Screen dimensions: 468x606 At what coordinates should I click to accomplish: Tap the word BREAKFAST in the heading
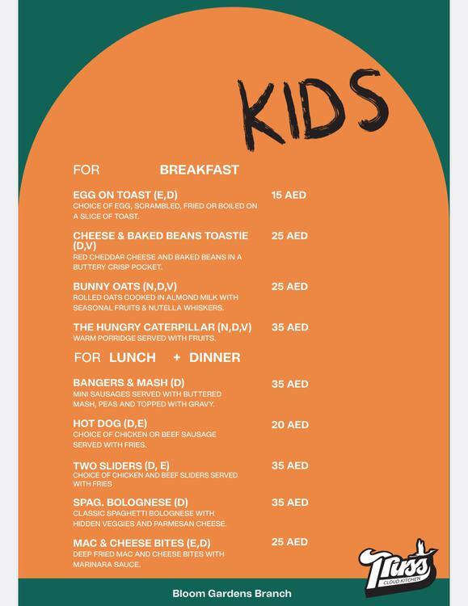coord(199,170)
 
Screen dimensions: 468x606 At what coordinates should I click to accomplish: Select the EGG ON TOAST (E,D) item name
coord(125,195)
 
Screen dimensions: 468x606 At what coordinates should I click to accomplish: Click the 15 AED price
coord(289,195)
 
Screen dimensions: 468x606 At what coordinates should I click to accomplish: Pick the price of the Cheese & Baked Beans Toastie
coord(289,236)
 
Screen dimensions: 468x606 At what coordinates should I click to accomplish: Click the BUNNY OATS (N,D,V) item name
coord(124,287)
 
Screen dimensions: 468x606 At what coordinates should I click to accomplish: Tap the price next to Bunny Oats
coord(289,287)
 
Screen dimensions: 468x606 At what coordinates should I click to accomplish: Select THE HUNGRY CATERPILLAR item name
coord(162,327)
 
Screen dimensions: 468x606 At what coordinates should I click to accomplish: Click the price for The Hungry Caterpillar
coord(289,327)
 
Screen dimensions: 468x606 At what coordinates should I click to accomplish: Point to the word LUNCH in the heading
coord(133,357)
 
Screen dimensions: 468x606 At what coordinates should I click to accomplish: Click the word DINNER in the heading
coord(214,357)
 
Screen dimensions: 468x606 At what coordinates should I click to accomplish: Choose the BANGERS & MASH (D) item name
coord(129,383)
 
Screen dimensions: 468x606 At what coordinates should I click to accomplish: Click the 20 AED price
coord(289,424)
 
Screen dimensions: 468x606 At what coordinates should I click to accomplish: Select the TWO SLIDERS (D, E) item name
coord(121,465)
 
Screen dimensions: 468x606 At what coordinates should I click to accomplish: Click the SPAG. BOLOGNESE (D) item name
coord(130,503)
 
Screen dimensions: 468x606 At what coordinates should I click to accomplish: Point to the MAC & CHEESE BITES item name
coord(141,543)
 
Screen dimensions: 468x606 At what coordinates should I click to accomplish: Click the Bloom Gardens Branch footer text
coord(232,593)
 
